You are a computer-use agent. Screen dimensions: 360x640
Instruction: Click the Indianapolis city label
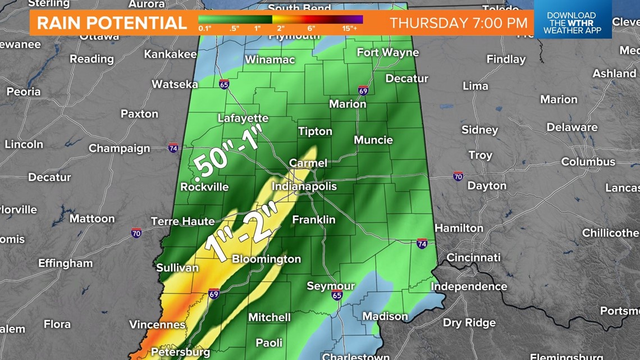click(x=304, y=186)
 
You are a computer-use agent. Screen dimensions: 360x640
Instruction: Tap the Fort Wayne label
click(x=388, y=52)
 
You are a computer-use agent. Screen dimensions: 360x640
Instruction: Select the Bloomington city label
click(x=266, y=259)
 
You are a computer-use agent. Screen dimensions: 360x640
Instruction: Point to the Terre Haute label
click(x=183, y=221)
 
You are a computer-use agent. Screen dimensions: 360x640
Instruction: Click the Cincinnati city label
click(x=473, y=257)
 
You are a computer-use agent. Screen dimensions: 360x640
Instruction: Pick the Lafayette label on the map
click(x=243, y=118)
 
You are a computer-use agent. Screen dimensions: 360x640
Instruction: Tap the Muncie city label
click(x=373, y=140)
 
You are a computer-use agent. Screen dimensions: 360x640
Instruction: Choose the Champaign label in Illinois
click(x=120, y=148)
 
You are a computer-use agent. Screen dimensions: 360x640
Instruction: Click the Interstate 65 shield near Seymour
click(x=336, y=295)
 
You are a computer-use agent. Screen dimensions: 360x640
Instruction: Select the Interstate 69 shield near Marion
click(x=363, y=90)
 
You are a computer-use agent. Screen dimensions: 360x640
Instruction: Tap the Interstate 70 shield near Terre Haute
click(x=136, y=233)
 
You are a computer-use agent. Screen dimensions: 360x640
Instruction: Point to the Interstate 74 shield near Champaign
click(x=173, y=148)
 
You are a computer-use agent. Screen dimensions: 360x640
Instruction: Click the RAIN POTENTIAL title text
click(x=112, y=23)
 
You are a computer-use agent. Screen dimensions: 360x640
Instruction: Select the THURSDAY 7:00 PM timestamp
click(x=459, y=23)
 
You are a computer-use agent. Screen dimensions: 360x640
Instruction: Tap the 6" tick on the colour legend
click(x=311, y=27)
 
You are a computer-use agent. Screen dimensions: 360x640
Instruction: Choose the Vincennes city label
click(x=157, y=325)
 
